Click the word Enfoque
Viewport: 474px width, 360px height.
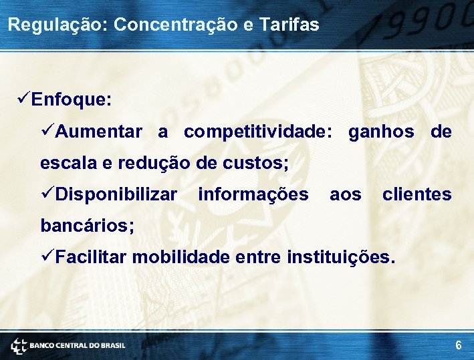[x=72, y=100]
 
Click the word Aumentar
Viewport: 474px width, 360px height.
[x=99, y=132]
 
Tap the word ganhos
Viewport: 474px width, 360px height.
[x=380, y=132]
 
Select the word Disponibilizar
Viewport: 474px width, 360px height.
[x=116, y=194]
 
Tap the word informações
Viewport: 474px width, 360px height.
[x=253, y=194]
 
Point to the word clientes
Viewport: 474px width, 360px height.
[x=417, y=194]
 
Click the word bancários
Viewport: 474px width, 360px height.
[x=87, y=225]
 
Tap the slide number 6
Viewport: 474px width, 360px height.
[x=458, y=345]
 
